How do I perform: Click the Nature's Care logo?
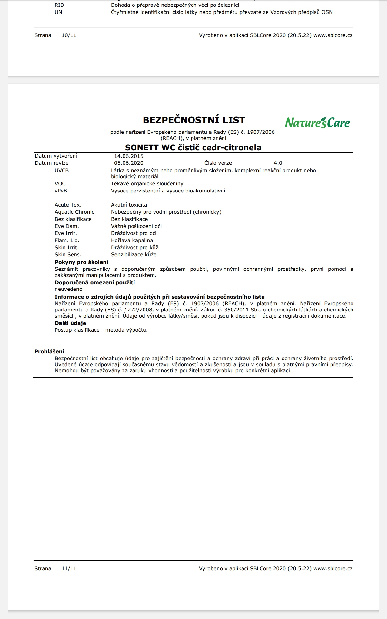tap(317, 123)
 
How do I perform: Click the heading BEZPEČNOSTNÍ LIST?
tap(194, 120)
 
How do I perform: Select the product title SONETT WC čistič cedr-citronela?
tap(193, 147)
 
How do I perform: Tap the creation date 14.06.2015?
tap(129, 156)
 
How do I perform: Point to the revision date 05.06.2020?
tap(129, 163)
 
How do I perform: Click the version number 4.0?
tap(278, 163)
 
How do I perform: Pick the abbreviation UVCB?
tap(62, 170)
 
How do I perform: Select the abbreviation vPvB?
tap(61, 191)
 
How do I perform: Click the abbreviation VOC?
tap(60, 183)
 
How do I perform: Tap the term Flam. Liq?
tap(67, 240)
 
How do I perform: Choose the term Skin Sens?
tap(68, 254)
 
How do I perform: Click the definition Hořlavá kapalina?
tap(132, 240)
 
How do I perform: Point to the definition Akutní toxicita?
tap(129, 205)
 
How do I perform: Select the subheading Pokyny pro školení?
tap(81, 262)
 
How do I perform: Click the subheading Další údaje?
tap(70, 323)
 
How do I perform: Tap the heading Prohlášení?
tap(49, 351)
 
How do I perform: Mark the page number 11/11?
tap(69, 568)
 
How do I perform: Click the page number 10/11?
tap(69, 35)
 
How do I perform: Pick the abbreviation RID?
tap(59, 5)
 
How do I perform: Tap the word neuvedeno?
tap(68, 289)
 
